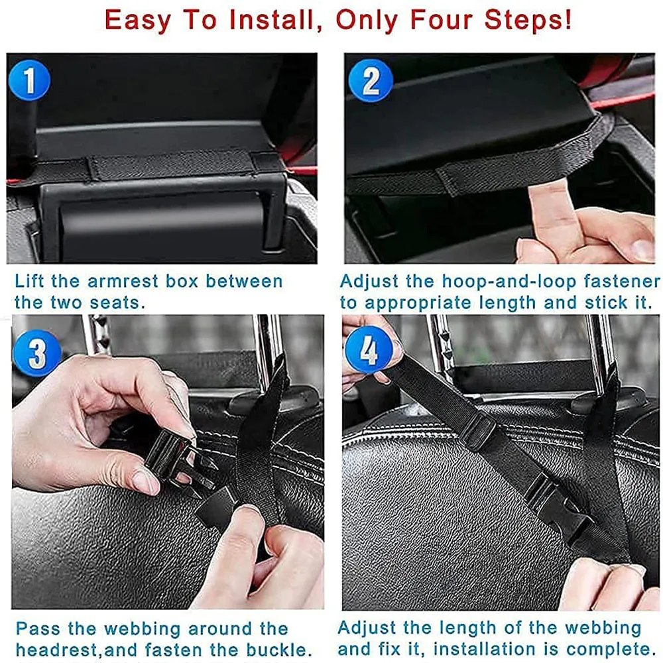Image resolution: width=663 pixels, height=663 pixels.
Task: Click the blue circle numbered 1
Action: (29, 80)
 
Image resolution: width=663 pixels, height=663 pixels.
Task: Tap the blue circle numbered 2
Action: (371, 80)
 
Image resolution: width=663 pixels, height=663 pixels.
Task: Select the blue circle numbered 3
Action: (36, 353)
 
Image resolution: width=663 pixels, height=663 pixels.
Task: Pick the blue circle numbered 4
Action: (369, 349)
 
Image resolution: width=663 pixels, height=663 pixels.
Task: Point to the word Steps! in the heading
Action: (528, 21)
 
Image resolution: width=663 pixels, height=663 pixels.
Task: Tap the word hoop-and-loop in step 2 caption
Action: (509, 282)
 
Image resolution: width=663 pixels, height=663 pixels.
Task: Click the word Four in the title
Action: (441, 20)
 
